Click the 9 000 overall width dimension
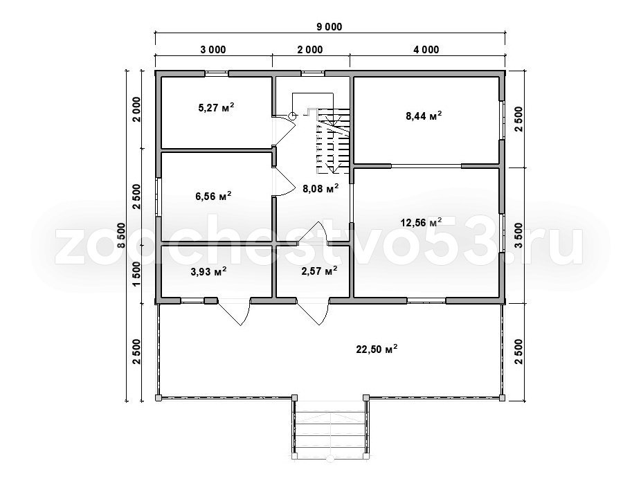329,27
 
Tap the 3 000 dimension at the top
213,50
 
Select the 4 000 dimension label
426,50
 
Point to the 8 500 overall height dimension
121,236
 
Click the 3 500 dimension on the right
518,235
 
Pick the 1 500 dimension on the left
136,275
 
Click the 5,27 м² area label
216,108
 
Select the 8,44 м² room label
424,116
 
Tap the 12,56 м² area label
421,223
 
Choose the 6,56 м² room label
214,195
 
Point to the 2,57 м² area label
319,271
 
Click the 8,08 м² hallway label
320,188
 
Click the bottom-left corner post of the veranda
159,398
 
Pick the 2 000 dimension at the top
310,50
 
